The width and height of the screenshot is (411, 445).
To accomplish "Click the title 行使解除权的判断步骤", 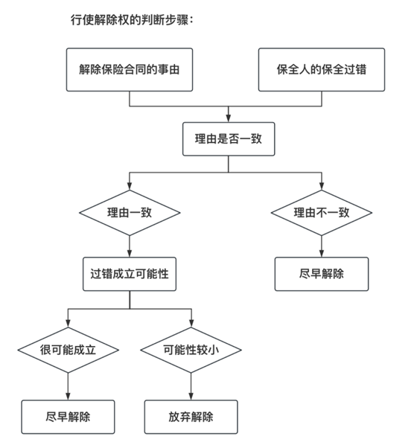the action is tap(132, 20).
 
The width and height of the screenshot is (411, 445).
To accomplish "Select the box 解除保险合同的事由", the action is tap(130, 69).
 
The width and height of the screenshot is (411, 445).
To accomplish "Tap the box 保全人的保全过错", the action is tap(322, 69).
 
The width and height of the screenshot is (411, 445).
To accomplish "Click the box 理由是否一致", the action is tap(229, 139).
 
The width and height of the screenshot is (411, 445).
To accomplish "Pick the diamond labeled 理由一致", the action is tap(130, 213).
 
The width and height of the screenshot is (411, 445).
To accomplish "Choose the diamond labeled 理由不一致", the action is tap(322, 213).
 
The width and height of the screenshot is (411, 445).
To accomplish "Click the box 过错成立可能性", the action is tap(130, 274).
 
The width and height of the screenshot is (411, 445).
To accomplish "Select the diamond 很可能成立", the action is tap(68, 350).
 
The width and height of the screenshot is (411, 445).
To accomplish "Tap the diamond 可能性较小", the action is tap(191, 350).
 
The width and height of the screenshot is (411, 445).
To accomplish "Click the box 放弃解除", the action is tap(191, 417).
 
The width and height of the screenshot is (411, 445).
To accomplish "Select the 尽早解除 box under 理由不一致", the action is tap(322, 274).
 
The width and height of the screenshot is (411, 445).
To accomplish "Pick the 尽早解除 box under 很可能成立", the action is tap(68, 417).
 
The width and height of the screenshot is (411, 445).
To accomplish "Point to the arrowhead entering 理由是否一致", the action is tap(229, 118).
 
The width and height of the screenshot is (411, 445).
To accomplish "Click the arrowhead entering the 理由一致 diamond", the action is tap(130, 186).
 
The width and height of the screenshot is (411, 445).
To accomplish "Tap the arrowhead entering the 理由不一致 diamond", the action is tap(322, 186).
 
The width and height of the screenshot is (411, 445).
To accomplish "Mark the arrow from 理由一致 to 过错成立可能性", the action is tap(130, 246).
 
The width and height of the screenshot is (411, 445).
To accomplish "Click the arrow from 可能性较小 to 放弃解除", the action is tap(191, 386).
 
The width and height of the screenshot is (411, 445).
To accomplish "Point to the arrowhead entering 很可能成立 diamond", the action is tap(68, 324).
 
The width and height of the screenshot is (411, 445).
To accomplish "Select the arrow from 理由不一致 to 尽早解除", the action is tap(322, 246).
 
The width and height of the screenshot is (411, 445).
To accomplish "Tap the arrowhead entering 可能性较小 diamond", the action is tap(191, 324).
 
